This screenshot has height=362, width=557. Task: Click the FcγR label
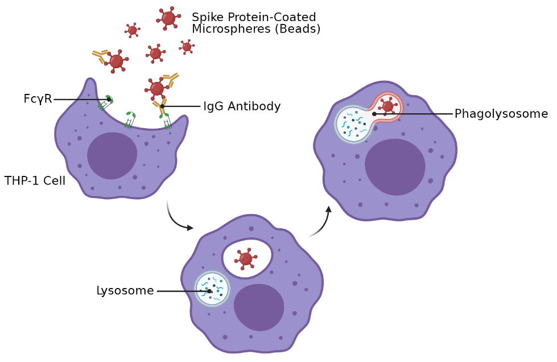(38, 99)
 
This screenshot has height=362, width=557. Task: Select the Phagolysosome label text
(501, 114)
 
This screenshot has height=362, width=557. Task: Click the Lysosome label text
(125, 291)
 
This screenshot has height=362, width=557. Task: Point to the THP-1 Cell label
(35, 181)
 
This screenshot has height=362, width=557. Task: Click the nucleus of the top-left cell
(112, 155)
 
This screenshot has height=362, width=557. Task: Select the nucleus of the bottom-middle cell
(259, 307)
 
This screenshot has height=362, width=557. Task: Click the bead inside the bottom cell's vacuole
(246, 259)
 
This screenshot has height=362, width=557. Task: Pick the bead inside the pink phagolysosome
(388, 106)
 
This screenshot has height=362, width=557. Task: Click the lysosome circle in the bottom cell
(212, 289)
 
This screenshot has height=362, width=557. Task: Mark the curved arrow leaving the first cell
(178, 219)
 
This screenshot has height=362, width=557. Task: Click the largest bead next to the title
(168, 18)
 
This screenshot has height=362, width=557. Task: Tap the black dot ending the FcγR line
(109, 99)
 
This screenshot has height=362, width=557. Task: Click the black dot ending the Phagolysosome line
(374, 114)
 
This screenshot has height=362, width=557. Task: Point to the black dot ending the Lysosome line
(209, 291)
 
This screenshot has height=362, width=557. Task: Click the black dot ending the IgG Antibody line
(162, 106)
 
